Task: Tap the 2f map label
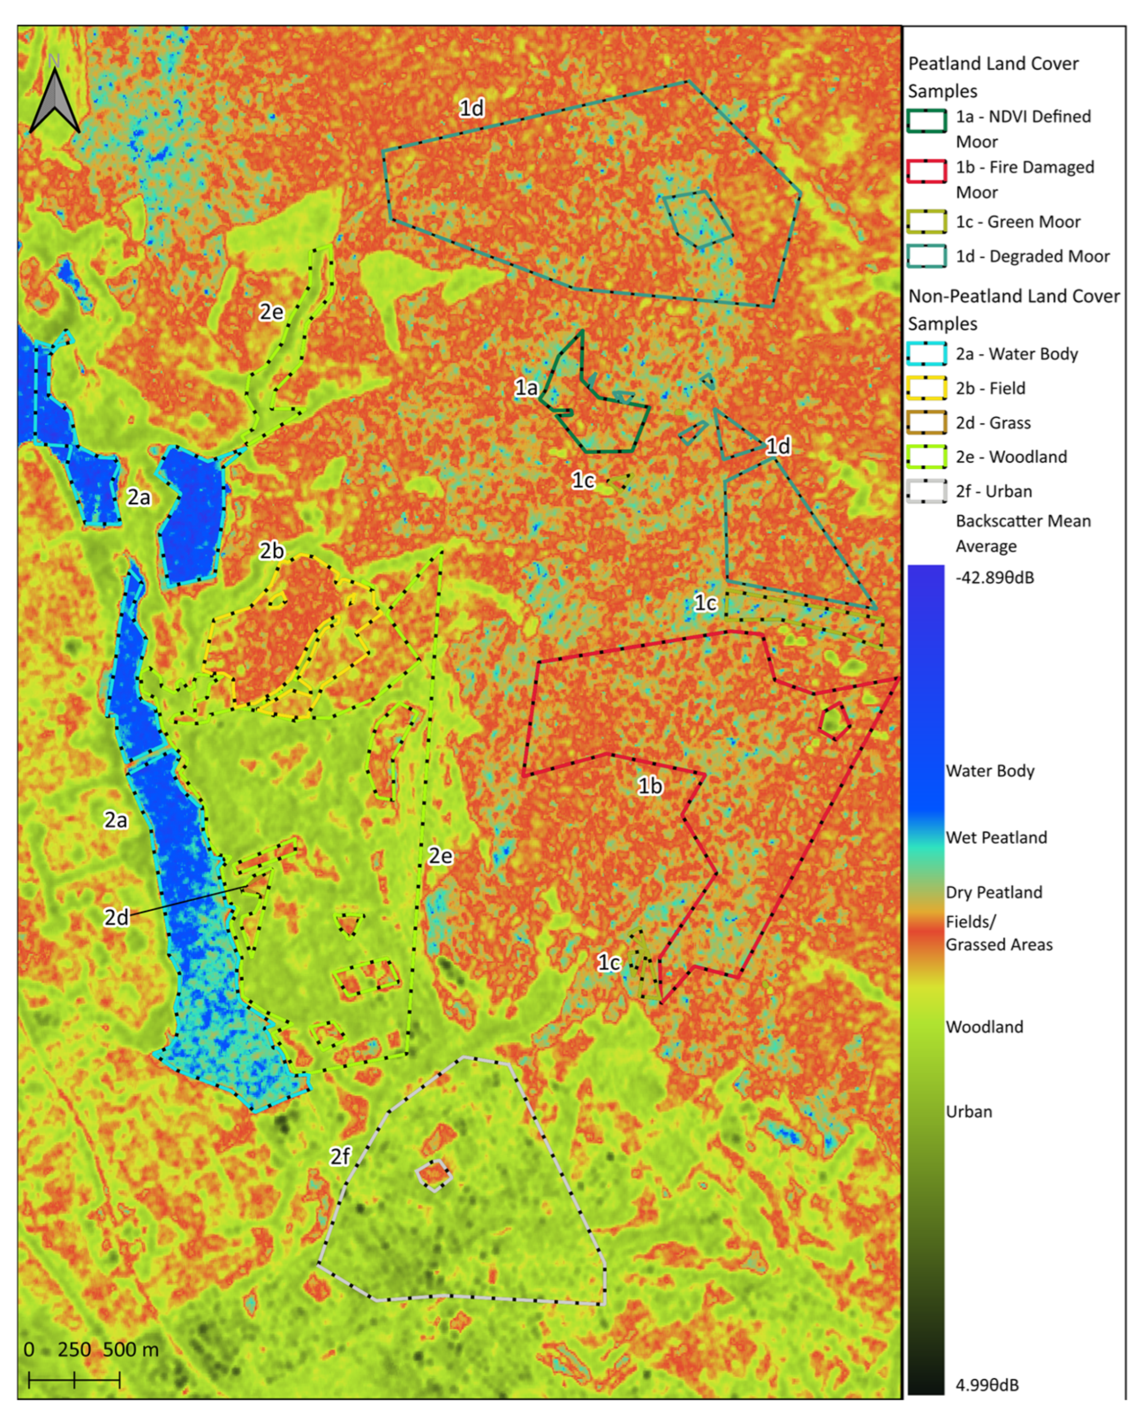tap(340, 1156)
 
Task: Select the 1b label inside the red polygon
tap(650, 786)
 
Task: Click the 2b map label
tap(271, 551)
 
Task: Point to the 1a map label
tap(527, 387)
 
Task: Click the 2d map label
tap(116, 917)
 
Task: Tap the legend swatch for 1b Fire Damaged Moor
tap(927, 171)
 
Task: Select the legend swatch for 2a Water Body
tap(927, 354)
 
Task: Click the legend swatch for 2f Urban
tap(927, 491)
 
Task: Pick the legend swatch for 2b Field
tap(927, 388)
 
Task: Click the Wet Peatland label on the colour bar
tap(996, 837)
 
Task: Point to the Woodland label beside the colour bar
tap(984, 1027)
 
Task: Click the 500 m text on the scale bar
tap(131, 1349)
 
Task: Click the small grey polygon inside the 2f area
tap(434, 1175)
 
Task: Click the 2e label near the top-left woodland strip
tap(271, 312)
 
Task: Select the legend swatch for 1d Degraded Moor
tap(927, 256)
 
